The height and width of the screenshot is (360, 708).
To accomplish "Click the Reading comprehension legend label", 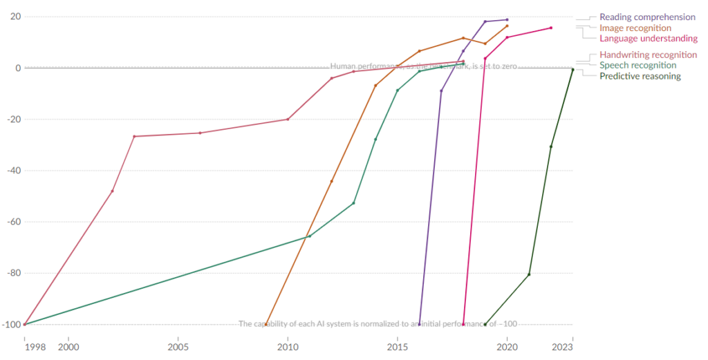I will coord(647,17).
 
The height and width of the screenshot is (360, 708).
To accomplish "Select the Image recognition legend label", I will coord(635,28).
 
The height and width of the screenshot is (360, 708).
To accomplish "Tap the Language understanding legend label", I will coord(649,39).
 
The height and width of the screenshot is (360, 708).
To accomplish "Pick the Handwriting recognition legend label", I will coord(648,55).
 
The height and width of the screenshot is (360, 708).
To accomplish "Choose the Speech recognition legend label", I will coord(637,65).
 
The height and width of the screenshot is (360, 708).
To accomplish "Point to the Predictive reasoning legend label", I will coord(640,76).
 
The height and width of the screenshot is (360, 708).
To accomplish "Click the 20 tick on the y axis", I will coord(15,17).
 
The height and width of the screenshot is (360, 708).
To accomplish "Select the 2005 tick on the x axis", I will coord(178,346).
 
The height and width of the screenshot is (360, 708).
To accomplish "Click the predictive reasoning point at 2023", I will coord(572,69).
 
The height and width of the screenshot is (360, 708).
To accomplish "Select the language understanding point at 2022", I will coord(551,28).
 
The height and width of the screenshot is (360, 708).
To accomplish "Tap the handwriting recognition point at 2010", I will coord(288,120).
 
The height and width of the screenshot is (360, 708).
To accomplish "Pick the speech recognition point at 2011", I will coord(309,236).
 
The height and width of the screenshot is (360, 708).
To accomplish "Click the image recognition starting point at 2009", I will coord(266,324).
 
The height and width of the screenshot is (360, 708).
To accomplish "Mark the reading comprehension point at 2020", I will coord(507,20).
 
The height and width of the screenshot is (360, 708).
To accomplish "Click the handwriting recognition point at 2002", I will coord(112,191).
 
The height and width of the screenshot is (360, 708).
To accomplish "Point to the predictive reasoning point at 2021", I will coord(529,274).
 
